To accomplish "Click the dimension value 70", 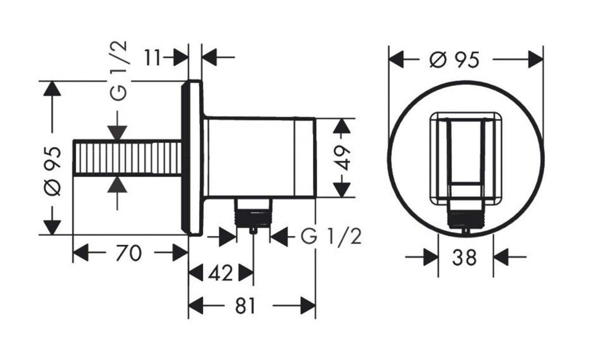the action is [x=128, y=253].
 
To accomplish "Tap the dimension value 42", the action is [x=220, y=273].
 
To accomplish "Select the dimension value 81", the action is [x=245, y=306].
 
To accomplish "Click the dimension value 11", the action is [x=153, y=58].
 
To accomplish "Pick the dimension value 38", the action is [x=464, y=258].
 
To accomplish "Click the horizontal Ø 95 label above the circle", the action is [x=455, y=59].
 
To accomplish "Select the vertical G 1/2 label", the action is [x=120, y=71].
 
